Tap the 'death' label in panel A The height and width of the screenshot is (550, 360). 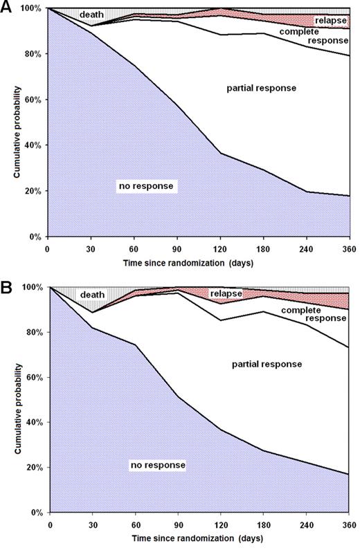tap(92, 15)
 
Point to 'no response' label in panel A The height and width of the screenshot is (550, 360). tap(147, 185)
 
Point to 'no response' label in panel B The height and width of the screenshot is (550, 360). tap(158, 465)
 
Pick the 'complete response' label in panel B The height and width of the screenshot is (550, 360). tap(307, 315)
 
